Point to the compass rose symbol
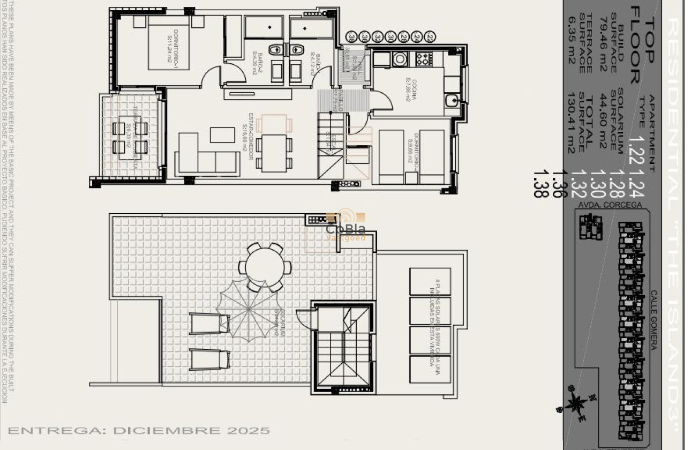point(576,403)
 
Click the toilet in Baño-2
point(275,50)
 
